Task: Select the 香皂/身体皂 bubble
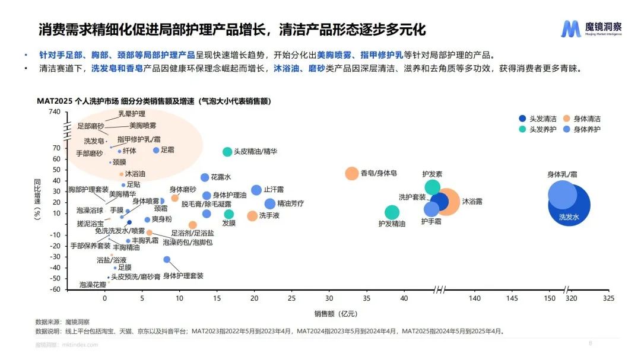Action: (x=352, y=174)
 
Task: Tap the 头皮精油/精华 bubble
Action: (x=227, y=152)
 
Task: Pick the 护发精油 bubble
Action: (x=392, y=212)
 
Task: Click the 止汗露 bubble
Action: (x=256, y=190)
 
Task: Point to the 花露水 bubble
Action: (x=205, y=177)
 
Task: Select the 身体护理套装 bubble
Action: (x=167, y=260)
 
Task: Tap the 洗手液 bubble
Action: (x=252, y=216)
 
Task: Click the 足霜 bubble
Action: (x=156, y=151)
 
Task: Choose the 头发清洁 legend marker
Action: (x=522, y=118)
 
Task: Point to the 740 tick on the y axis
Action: (x=54, y=111)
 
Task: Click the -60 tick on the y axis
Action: (x=54, y=289)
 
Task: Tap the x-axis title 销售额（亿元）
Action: (x=336, y=313)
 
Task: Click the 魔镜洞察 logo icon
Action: (x=570, y=28)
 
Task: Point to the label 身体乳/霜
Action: (x=561, y=174)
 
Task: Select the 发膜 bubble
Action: (x=229, y=214)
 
